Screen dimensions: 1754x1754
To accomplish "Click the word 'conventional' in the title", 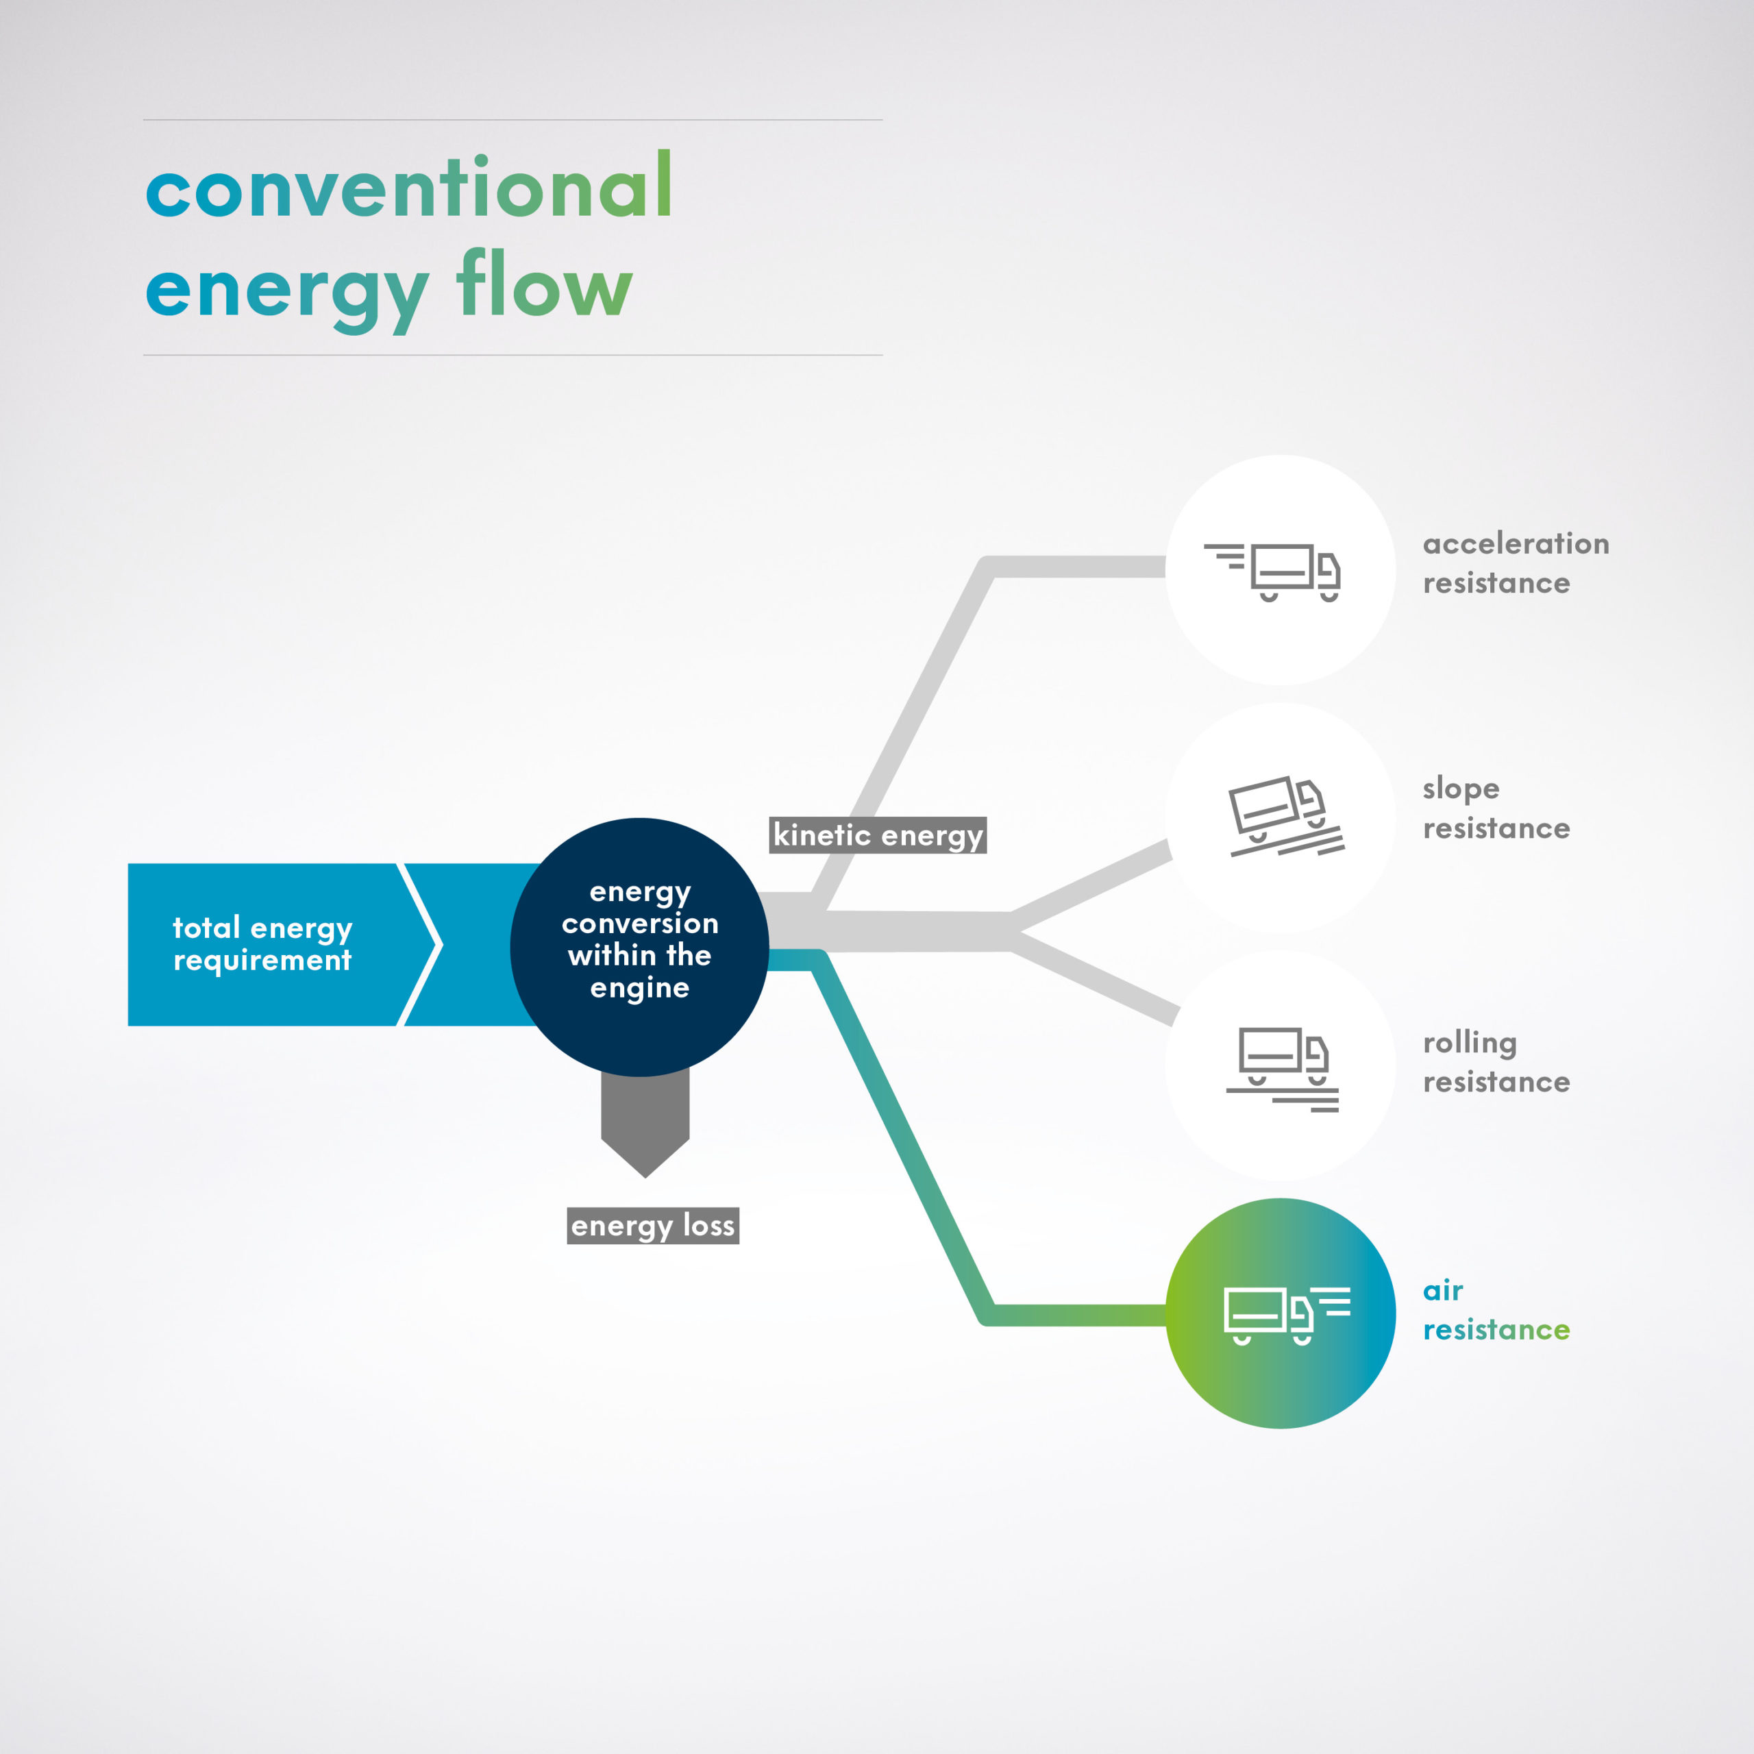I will [408, 188].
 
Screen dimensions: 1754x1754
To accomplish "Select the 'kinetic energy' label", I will [877, 835].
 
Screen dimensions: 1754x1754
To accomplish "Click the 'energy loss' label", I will [653, 1226].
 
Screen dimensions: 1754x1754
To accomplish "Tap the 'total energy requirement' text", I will [262, 944].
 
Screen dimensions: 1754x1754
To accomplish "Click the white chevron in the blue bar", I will [423, 944].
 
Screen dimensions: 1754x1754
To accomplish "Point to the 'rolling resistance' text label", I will [1494, 1062].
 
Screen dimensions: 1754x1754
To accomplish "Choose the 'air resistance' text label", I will [1494, 1310].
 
